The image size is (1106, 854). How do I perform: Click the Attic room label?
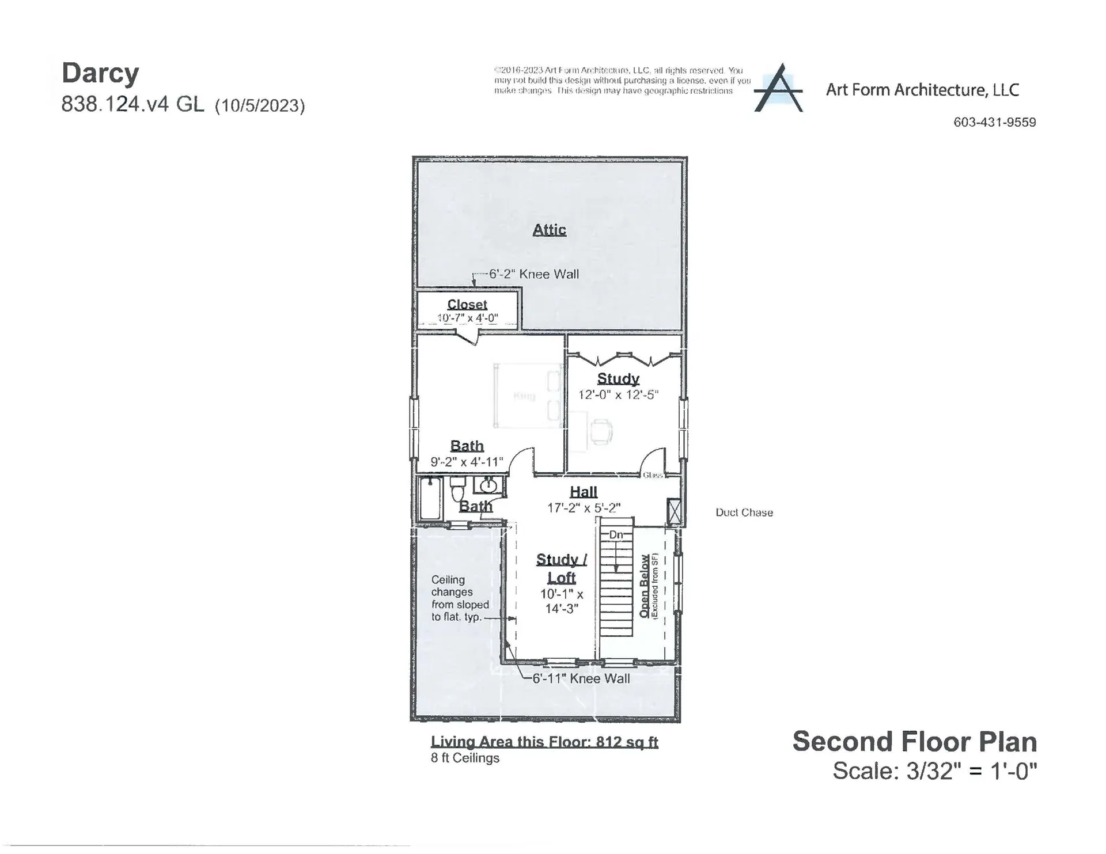pos(549,230)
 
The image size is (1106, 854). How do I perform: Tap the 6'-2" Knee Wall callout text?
pos(534,274)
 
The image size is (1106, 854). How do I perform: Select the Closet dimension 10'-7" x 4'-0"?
pos(467,318)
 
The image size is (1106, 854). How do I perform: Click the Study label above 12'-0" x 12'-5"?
pos(618,378)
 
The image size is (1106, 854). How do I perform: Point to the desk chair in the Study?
pos(601,431)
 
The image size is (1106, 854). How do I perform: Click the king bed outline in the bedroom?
pos(527,396)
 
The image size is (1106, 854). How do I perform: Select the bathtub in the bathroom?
pos(430,498)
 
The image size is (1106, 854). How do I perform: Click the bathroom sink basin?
pos(488,485)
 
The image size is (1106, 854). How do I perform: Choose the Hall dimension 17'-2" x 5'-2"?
pos(584,508)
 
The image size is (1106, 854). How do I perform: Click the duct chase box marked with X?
pos(673,511)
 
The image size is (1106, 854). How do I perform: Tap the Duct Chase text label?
pos(744,513)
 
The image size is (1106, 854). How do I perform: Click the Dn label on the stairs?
pos(616,535)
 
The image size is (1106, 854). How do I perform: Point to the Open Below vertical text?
pos(645,586)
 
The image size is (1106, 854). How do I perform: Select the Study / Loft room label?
pos(562,568)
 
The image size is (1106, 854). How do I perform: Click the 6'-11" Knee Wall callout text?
pos(581,679)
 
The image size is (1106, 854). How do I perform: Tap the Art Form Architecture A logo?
pos(778,89)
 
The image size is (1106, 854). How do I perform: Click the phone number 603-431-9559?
pos(994,122)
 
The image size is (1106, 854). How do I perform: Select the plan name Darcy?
pos(100,73)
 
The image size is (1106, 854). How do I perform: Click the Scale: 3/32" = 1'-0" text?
pos(934,771)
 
